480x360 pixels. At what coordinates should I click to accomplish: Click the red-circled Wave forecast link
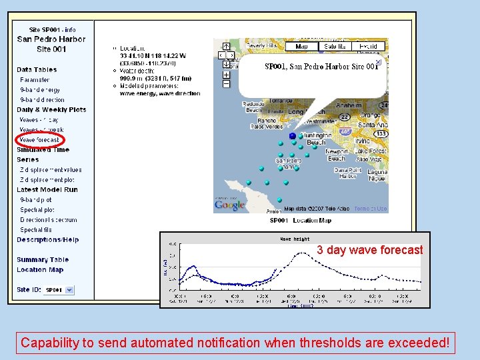[x=39, y=140]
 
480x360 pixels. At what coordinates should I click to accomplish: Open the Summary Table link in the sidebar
[x=43, y=260]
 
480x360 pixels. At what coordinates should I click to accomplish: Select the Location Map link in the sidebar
[x=40, y=270]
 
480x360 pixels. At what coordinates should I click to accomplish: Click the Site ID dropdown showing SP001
[x=59, y=290]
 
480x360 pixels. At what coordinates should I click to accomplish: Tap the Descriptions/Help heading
[x=47, y=240]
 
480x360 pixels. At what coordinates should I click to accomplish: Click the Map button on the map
[x=301, y=47]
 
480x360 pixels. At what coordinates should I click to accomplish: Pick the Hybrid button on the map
[x=368, y=47]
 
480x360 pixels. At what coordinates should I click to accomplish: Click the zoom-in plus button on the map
[x=226, y=75]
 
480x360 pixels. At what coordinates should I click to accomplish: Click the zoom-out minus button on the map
[x=226, y=84]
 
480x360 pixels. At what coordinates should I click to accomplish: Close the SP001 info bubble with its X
[x=378, y=62]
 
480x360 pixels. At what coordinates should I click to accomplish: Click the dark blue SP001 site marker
[x=292, y=135]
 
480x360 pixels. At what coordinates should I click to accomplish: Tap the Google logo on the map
[x=229, y=205]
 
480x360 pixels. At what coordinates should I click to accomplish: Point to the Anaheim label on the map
[x=349, y=105]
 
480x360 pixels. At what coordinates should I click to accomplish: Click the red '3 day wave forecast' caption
[x=369, y=250]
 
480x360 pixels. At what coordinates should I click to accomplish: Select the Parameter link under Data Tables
[x=35, y=80]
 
